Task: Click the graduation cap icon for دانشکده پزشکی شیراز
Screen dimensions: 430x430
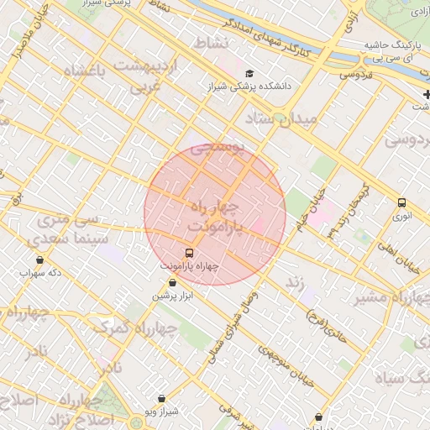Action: [x=249, y=74]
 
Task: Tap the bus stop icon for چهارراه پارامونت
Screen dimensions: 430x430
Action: [x=189, y=252]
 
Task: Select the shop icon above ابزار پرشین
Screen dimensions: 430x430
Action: [x=172, y=283]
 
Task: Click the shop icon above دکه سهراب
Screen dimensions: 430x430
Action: [x=39, y=260]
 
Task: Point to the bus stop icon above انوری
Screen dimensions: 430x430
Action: [x=401, y=202]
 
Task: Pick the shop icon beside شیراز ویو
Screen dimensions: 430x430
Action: [x=162, y=398]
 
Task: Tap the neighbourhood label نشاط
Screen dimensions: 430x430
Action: [x=211, y=42]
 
